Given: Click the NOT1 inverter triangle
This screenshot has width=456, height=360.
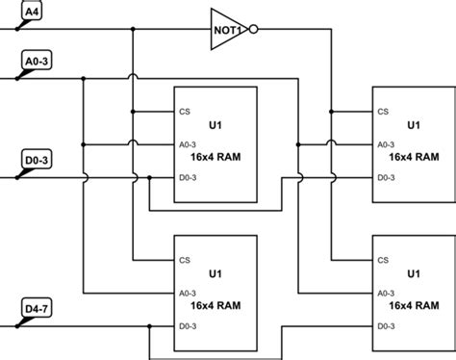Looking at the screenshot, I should click(227, 29).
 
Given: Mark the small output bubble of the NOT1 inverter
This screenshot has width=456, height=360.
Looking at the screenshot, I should click(253, 29).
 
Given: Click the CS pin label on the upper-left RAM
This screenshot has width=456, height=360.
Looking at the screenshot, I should click(184, 111).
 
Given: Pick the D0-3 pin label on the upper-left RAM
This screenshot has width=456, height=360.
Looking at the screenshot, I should click(189, 177).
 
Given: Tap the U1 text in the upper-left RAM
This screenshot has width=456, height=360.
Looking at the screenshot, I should click(215, 125).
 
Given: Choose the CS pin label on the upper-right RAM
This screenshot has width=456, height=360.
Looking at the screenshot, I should click(383, 111).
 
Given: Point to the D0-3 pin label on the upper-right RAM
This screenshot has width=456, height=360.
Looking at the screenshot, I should click(387, 177).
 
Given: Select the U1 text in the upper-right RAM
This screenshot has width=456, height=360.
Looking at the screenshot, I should click(414, 125).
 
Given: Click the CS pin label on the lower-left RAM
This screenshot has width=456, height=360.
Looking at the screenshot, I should click(184, 259).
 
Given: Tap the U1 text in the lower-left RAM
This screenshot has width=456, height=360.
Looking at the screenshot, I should click(215, 273).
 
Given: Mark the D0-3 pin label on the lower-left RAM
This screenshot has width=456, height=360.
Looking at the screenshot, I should click(189, 326).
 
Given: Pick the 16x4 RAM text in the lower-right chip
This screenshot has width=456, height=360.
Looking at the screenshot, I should click(414, 304).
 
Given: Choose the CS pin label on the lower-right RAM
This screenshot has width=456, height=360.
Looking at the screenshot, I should click(383, 259).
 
